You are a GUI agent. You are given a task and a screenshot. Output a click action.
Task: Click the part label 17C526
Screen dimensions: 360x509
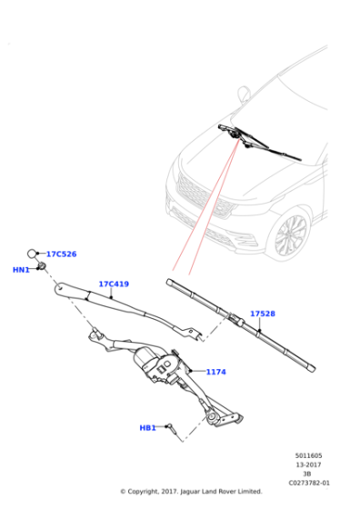pos(61,254)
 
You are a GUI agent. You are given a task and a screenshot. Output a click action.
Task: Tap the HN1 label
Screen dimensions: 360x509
pos(21,270)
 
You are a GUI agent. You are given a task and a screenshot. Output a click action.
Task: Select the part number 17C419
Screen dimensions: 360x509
pos(114,284)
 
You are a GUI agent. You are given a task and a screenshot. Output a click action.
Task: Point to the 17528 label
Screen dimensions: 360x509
pos(263,314)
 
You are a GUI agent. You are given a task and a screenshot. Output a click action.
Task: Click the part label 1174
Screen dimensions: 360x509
pos(215,372)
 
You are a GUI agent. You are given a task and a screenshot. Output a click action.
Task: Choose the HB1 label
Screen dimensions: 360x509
pos(147,428)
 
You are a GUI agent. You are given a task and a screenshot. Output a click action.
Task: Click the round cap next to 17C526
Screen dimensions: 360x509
pos(32,254)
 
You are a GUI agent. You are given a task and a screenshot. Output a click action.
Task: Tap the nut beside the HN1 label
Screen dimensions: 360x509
pos(42,267)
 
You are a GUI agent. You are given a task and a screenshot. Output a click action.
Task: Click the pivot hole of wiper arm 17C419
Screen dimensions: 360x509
pos(60,286)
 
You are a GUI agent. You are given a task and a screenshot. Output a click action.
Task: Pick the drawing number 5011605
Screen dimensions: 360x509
pos(308,455)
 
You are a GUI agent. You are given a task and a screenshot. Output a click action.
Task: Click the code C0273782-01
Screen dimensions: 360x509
pos(309,483)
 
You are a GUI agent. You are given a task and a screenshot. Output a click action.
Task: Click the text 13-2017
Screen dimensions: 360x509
pos(308,464)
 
